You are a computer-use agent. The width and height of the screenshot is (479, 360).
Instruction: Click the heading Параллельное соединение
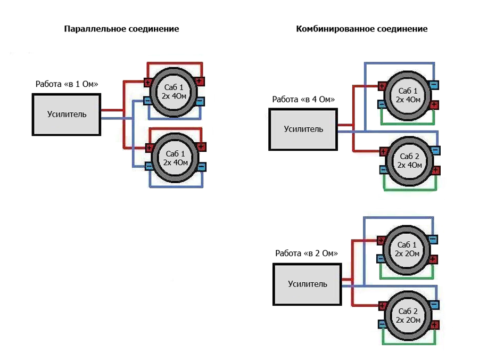coord(121,29)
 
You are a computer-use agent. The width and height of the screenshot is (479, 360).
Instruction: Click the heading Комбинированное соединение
coord(361,29)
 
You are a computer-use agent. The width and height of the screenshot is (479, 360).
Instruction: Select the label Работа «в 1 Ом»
coord(67,84)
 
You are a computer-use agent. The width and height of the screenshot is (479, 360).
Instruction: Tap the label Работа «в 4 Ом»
coord(303,100)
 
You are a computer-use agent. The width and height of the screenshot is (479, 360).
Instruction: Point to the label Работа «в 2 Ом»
coord(307,253)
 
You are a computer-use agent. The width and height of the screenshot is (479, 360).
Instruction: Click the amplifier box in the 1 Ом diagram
coord(67,114)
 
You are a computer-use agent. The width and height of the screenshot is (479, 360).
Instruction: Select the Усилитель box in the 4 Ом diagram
coord(303,129)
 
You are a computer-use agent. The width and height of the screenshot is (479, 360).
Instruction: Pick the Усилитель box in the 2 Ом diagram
coord(307,284)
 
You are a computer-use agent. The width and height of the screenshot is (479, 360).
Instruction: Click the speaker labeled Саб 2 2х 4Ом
coord(409,160)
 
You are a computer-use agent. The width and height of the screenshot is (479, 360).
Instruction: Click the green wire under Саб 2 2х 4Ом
coord(410,190)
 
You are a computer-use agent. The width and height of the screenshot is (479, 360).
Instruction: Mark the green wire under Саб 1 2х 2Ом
coord(407,278)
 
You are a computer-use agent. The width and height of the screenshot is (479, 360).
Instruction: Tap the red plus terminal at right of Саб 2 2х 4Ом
coord(435,170)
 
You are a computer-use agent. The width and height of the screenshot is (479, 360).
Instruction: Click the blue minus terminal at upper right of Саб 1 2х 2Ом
coord(433,239)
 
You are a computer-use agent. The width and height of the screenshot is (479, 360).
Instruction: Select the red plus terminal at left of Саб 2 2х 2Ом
coord(382,306)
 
